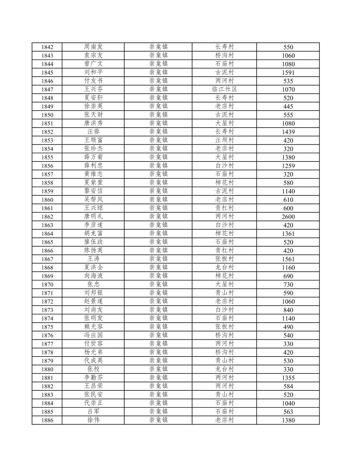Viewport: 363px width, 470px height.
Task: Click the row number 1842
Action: point(47,47)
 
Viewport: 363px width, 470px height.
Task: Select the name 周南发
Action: point(93,47)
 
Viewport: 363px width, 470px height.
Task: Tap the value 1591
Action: point(288,72)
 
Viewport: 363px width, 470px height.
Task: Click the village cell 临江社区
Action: point(224,89)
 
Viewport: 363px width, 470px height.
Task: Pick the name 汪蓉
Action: point(93,132)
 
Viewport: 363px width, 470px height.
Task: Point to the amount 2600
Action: point(288,217)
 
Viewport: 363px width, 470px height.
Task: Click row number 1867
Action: point(47,259)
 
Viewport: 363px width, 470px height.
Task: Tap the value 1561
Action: point(288,259)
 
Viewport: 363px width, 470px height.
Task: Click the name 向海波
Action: point(93,276)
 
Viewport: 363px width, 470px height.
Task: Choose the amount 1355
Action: point(288,378)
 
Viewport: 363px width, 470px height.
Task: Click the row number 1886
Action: point(47,420)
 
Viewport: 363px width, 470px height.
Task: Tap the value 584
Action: point(288,386)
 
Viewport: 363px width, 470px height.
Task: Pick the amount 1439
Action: point(288,132)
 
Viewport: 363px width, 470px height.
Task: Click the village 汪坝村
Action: point(224,140)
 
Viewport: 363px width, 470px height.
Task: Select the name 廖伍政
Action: point(93,242)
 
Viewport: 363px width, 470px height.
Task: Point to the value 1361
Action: point(288,234)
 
